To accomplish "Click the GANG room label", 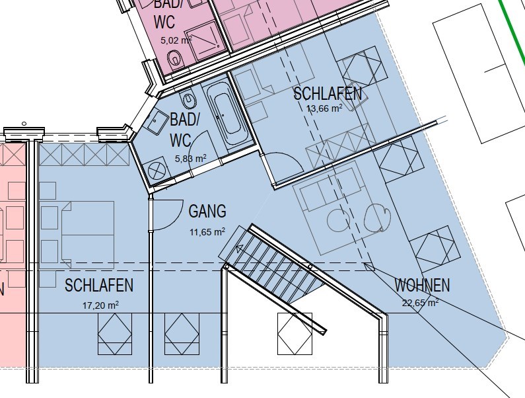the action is (207, 212).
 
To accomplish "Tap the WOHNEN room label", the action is (422, 285).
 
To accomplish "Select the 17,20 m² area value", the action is (100, 305).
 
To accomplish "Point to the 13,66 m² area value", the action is (324, 108).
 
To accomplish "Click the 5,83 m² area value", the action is (190, 158).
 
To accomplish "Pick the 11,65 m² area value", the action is (207, 231).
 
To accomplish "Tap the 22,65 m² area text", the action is (420, 303).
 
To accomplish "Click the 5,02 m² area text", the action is (176, 40).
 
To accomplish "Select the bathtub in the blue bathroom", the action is (227, 114).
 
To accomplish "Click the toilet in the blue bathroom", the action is (188, 98).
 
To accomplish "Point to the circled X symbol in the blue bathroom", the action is (157, 171).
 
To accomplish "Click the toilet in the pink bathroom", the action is (174, 60).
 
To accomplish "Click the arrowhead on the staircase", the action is (239, 249).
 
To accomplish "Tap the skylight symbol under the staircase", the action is (295, 334).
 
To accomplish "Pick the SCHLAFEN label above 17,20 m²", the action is (99, 286).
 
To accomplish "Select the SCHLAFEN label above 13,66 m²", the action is (328, 94).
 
